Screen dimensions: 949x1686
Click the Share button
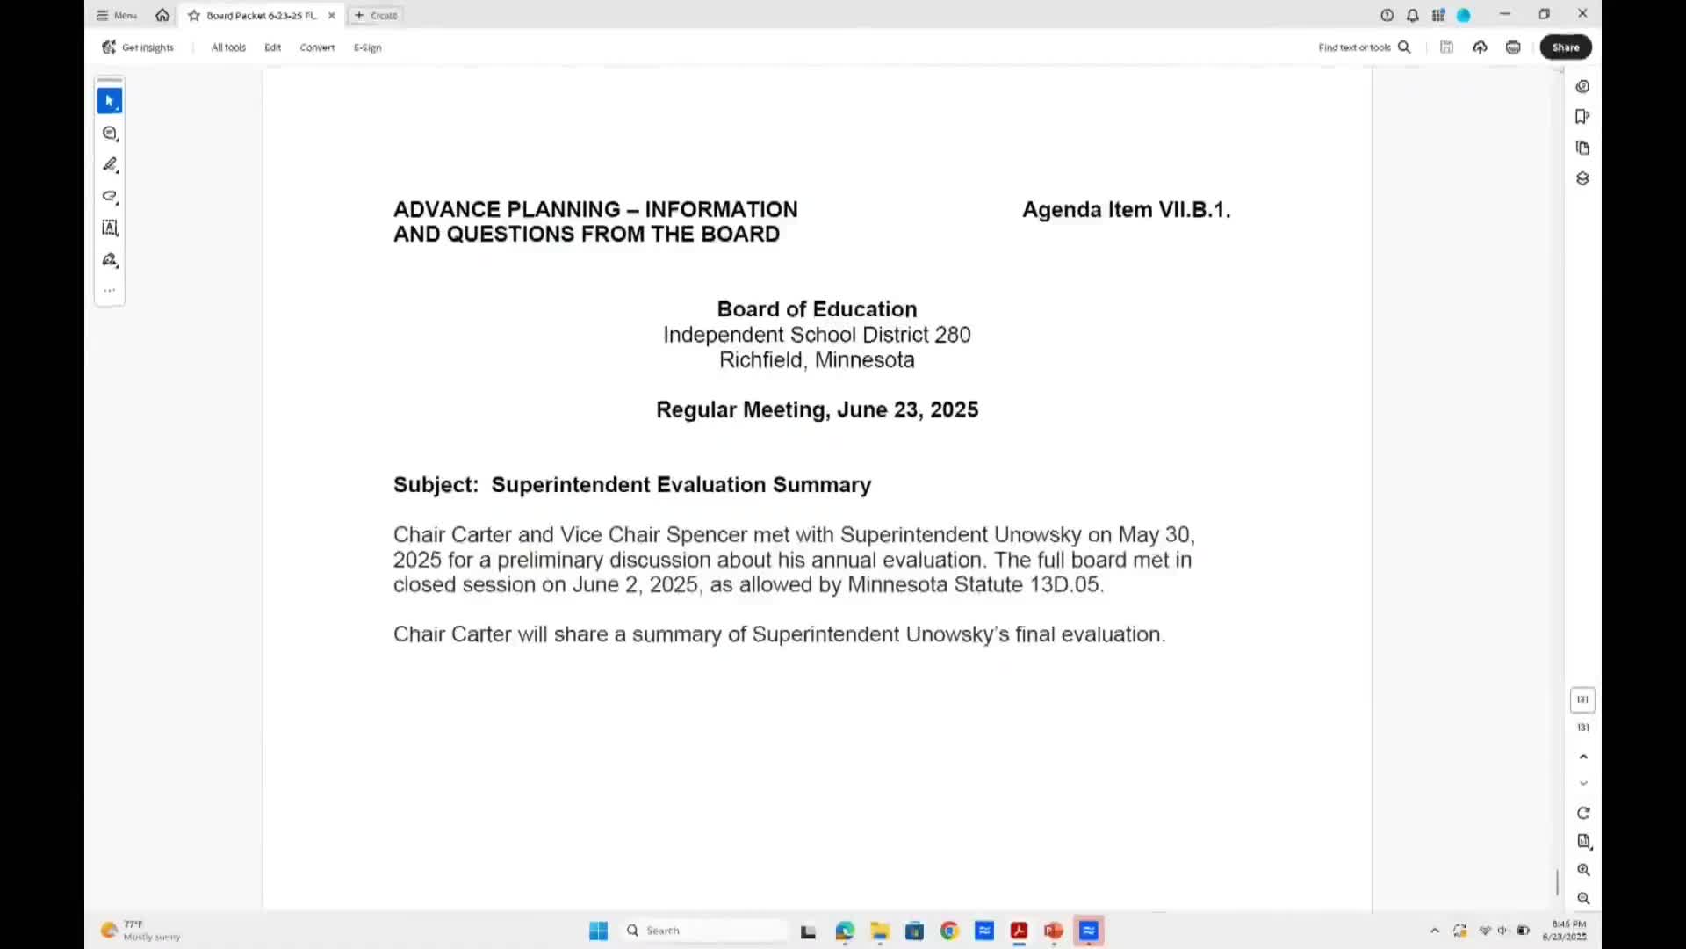point(1565,47)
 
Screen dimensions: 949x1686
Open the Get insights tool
point(138,47)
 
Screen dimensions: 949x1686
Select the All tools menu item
point(228,47)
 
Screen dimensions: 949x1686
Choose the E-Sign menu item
point(367,47)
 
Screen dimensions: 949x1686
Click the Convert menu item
point(317,47)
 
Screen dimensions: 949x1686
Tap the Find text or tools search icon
point(1404,47)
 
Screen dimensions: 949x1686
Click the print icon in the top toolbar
point(1513,47)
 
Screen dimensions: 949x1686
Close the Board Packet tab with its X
point(332,16)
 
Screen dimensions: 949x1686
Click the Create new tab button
point(376,16)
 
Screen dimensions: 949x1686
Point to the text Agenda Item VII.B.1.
point(1126,210)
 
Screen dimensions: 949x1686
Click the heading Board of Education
point(817,309)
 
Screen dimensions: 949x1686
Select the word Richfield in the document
point(760,360)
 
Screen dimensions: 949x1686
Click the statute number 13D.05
point(1064,585)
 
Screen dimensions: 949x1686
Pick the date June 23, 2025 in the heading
point(907,410)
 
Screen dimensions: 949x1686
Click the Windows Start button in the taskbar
point(598,931)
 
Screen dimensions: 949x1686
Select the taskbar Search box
point(707,931)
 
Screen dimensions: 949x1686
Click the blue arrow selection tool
point(110,101)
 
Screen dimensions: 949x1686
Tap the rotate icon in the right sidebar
point(1583,813)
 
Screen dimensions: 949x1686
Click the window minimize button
point(1505,14)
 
